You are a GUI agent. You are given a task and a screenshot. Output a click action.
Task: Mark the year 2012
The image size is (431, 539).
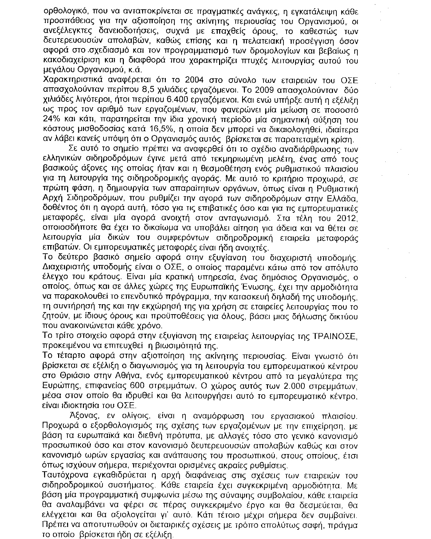[x=348, y=218]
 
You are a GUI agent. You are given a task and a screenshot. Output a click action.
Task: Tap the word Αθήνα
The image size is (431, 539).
[x=123, y=375]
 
